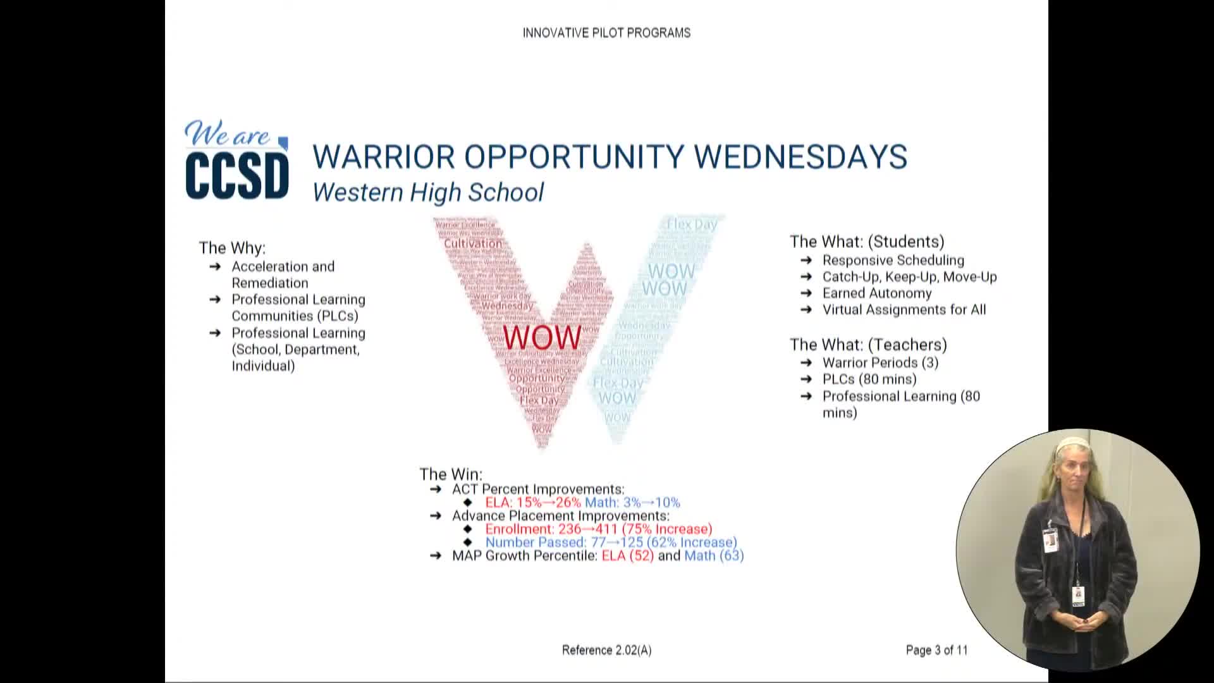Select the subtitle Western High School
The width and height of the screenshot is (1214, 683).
428,192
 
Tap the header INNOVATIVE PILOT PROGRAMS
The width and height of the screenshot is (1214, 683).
606,33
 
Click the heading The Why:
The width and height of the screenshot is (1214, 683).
232,247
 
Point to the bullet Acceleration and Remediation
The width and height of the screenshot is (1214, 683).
283,274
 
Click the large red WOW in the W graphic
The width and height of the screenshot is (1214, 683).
542,337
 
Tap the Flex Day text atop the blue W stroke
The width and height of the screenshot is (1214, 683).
692,225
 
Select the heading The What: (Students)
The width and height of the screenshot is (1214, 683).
867,242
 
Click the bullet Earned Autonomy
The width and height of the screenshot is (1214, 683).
876,293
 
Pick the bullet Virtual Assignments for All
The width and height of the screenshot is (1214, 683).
904,310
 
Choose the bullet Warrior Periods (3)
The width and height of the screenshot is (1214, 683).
880,363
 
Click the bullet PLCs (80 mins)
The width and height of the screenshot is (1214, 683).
869,379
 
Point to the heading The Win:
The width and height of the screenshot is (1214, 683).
451,474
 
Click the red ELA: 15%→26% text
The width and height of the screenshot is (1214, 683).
533,503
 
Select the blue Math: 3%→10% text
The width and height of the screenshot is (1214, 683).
632,503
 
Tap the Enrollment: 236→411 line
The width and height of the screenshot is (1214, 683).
598,529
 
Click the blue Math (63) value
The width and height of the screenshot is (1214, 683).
714,556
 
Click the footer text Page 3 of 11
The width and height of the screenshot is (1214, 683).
936,650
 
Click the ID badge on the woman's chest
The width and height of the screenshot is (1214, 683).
1050,541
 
